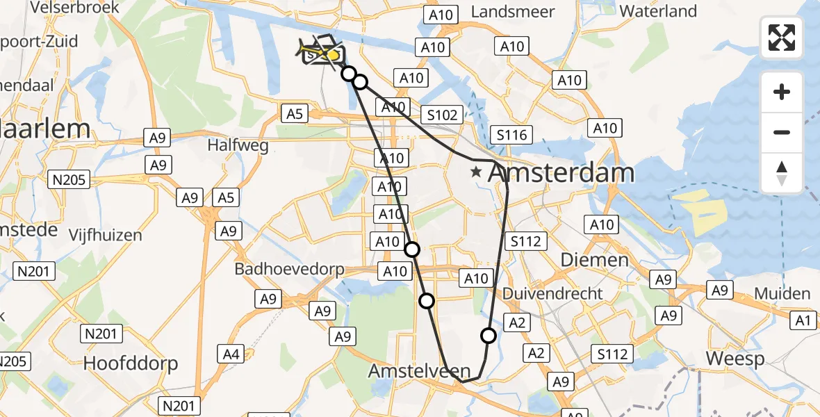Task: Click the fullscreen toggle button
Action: [x=782, y=38]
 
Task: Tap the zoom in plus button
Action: [x=782, y=92]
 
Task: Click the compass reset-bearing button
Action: [x=782, y=173]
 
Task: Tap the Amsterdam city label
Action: [x=561, y=173]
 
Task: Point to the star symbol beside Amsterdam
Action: [x=476, y=171]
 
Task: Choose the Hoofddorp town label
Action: [x=131, y=363]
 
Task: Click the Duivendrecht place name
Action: [x=552, y=293]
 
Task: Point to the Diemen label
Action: [x=584, y=259]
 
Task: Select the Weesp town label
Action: [x=735, y=359]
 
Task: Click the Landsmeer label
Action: [x=513, y=12]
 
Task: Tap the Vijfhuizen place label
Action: [x=105, y=235]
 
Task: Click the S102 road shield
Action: [x=441, y=115]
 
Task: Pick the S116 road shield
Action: [x=511, y=135]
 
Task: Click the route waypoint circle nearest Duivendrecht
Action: [x=489, y=336]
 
